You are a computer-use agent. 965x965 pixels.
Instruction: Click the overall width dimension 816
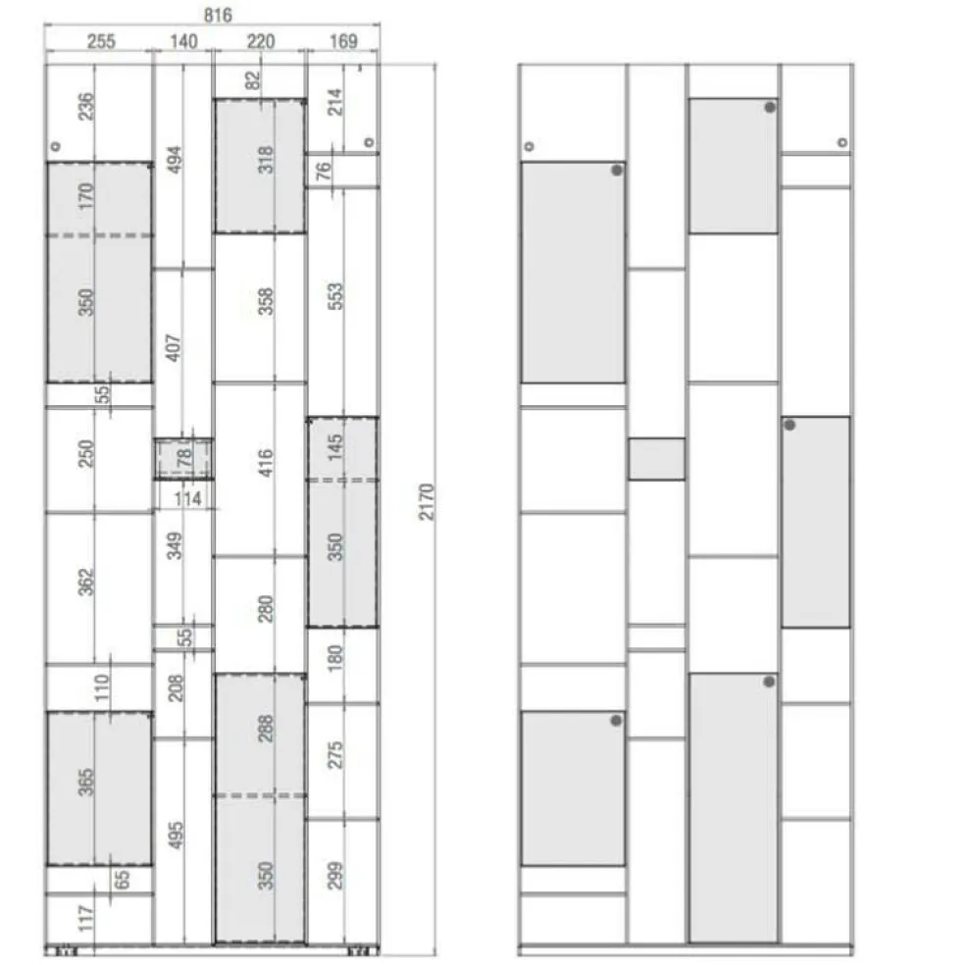point(218,15)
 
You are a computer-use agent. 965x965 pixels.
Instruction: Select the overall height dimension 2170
point(427,501)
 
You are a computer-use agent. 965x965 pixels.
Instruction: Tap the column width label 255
point(101,41)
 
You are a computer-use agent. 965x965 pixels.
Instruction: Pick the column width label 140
point(183,41)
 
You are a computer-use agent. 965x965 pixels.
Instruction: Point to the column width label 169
point(343,41)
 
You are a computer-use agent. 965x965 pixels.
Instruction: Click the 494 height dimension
point(176,160)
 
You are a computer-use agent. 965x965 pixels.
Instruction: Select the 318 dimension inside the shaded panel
point(265,160)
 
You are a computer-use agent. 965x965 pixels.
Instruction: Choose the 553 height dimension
point(335,296)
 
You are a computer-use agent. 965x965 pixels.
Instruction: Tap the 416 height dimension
point(265,463)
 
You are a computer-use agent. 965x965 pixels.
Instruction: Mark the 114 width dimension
point(187,498)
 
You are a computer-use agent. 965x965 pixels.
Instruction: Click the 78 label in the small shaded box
point(184,459)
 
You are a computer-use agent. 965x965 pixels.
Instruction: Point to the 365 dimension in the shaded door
point(85,783)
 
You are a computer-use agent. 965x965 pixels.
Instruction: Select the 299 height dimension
point(335,875)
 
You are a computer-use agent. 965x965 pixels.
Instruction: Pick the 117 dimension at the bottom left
point(85,918)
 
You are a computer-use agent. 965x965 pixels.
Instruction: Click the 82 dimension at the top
point(253,80)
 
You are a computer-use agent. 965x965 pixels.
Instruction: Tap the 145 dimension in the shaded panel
point(335,447)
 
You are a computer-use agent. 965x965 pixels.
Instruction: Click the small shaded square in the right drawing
point(657,459)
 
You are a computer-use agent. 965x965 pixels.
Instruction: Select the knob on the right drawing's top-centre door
point(770,108)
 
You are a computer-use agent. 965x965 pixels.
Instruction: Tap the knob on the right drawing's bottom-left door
point(616,721)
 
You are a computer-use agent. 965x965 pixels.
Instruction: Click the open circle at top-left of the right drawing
point(530,146)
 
